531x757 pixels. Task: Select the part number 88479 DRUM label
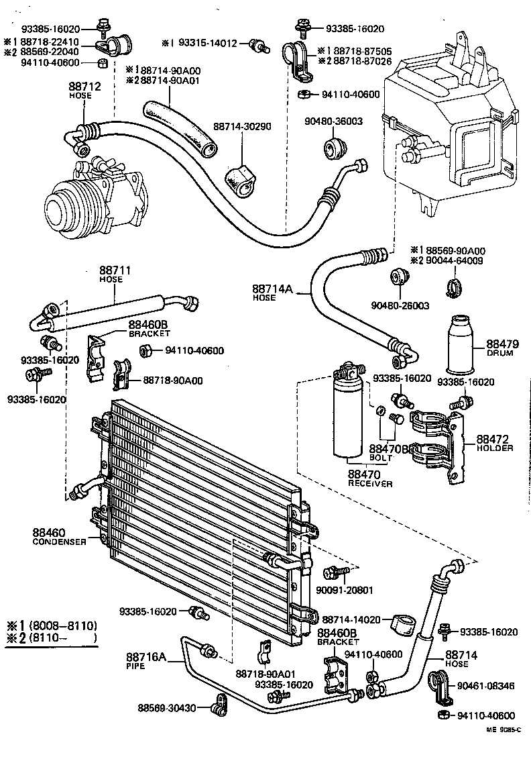pyautogui.click(x=499, y=347)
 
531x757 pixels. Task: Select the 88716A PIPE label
pyautogui.click(x=145, y=660)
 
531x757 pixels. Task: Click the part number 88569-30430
pyautogui.click(x=167, y=707)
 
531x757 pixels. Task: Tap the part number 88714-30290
pyautogui.click(x=242, y=126)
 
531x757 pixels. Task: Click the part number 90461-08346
pyautogui.click(x=487, y=686)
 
